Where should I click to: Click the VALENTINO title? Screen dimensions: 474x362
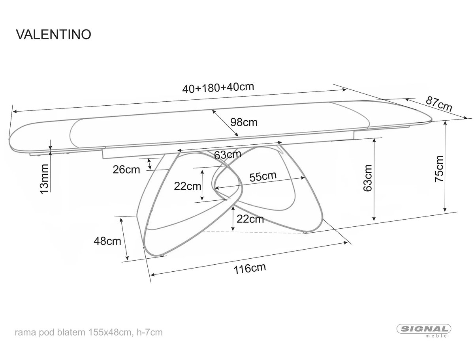point(54,34)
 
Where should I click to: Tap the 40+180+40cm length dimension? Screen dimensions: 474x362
point(218,88)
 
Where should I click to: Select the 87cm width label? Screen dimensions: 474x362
point(439,104)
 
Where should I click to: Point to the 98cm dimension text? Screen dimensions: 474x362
point(244,123)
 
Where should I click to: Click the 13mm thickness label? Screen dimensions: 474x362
point(44,179)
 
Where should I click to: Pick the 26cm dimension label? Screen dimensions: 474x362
point(126,170)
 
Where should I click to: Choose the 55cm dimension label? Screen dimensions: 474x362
point(263,176)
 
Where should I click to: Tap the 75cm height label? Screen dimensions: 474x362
point(439,169)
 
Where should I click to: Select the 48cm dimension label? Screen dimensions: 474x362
point(107,241)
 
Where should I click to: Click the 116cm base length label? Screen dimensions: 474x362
point(250,269)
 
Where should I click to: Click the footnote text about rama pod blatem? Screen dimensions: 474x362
point(89,332)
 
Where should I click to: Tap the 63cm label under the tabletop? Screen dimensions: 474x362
point(228,155)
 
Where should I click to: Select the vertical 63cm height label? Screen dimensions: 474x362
point(368,178)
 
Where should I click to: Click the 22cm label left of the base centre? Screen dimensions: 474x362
point(188,186)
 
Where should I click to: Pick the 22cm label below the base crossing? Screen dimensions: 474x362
point(250,219)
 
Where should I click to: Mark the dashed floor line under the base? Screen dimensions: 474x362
point(254,232)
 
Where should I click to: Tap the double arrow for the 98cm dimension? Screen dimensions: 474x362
point(225,123)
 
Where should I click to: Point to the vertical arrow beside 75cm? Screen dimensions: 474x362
point(445,166)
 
